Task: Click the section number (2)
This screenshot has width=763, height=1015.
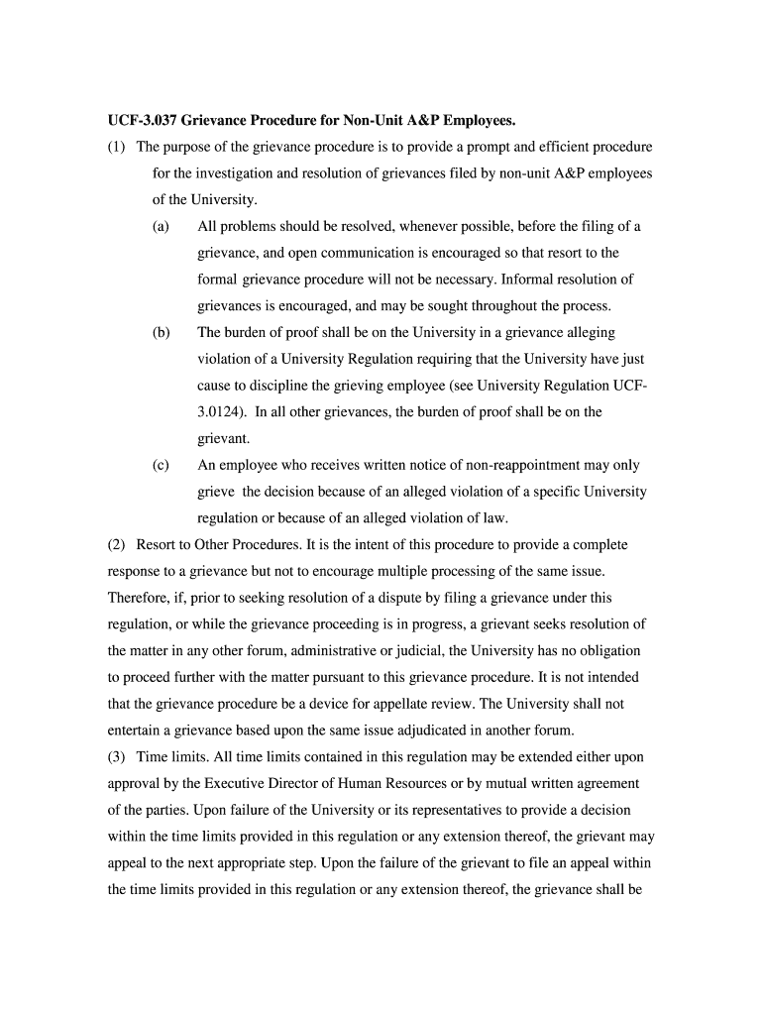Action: pos(117,545)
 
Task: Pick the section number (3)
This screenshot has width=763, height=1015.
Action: pos(117,757)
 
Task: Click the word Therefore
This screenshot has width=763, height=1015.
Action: pos(141,598)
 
